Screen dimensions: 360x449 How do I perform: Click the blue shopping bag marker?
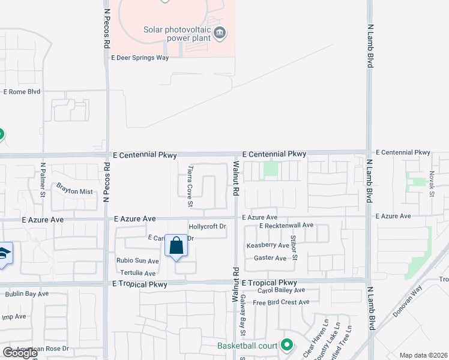(176, 246)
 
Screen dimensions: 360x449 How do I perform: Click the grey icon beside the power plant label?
(220, 32)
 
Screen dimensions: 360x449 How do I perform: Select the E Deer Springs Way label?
(139, 58)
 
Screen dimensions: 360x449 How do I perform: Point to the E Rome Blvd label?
(22, 92)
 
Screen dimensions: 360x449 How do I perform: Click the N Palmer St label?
(43, 179)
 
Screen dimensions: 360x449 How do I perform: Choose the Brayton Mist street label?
(75, 191)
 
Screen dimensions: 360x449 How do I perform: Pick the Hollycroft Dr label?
(207, 227)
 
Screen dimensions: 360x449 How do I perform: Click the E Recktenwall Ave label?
(286, 225)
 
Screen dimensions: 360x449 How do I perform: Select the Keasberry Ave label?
(268, 245)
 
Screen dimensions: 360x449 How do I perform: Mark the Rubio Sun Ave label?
(137, 261)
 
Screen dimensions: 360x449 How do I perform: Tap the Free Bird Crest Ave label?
(280, 302)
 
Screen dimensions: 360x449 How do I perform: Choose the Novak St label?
(432, 184)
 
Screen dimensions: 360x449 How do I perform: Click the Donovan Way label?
(408, 305)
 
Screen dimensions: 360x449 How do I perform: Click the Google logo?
(20, 353)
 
